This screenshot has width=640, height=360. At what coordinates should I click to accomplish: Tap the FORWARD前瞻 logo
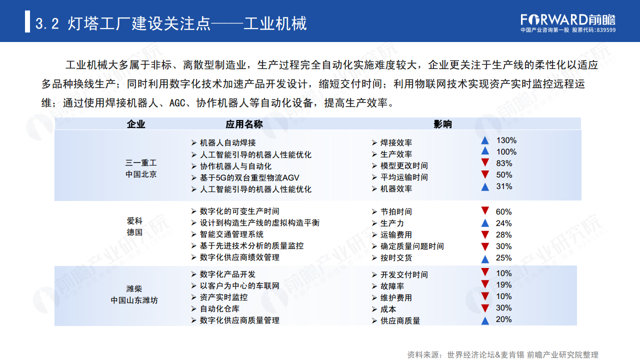568,19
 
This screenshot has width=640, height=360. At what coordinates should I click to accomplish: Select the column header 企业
136,124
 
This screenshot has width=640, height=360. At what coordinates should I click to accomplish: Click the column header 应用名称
244,124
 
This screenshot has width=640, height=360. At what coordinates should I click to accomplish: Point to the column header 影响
442,124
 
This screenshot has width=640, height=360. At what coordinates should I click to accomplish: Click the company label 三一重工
141,163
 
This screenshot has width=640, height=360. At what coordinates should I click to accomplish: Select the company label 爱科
134,221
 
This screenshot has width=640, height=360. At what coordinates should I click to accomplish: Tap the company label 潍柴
134,288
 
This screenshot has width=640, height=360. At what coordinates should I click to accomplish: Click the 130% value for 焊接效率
506,140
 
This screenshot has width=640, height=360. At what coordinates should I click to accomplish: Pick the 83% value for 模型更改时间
504,163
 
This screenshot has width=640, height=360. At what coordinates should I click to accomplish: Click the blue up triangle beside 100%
484,151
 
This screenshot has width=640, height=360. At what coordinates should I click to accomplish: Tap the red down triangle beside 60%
484,211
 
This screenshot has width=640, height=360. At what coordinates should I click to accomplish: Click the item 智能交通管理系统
231,234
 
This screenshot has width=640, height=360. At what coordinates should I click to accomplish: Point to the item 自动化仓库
219,309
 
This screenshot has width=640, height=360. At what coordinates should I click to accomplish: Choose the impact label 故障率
392,286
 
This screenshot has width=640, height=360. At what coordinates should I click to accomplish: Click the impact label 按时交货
396,258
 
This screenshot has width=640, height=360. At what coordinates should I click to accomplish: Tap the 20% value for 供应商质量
503,319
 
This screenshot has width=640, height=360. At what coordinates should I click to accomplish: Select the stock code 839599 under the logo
605,30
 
